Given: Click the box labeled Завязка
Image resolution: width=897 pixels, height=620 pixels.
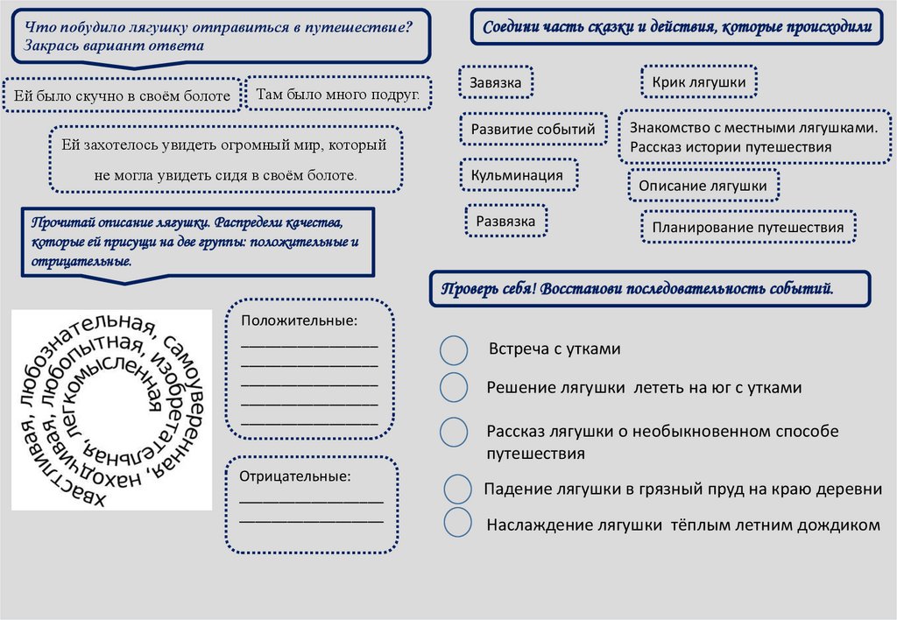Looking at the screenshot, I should click(496, 83).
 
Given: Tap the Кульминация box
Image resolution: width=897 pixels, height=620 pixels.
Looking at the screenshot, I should click(518, 175).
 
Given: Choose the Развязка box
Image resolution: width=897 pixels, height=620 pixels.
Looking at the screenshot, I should click(505, 222).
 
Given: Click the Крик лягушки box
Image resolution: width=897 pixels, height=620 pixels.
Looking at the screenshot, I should click(699, 82).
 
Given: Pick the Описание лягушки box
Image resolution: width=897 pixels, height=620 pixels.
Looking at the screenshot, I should click(703, 186).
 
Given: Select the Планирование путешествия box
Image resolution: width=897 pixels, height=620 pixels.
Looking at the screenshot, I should click(747, 228).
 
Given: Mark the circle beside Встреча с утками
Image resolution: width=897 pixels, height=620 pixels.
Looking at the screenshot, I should click(453, 349).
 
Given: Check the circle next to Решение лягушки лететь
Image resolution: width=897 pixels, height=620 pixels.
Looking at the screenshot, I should click(453, 387).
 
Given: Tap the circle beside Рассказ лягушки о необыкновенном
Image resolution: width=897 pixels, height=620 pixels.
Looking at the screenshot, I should click(453, 432).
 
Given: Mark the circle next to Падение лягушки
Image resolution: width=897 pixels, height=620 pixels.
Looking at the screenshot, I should click(457, 490).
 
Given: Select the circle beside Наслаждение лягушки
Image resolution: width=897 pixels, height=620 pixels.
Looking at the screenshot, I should click(457, 522).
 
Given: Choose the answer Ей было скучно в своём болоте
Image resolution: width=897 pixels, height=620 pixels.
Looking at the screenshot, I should click(122, 95).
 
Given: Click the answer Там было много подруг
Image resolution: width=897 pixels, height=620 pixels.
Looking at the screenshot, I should click(338, 93).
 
